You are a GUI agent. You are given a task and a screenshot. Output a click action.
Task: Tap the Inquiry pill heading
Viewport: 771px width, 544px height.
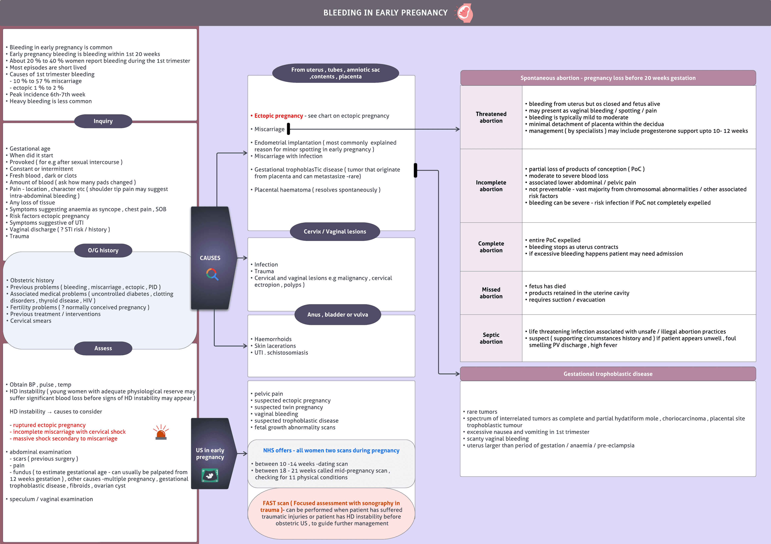pos(103,121)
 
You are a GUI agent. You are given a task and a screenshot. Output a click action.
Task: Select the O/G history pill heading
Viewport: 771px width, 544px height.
pos(103,250)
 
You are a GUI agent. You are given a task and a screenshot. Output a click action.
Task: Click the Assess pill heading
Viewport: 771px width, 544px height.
pos(103,348)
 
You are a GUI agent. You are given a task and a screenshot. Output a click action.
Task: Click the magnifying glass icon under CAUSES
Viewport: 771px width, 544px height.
pos(212,274)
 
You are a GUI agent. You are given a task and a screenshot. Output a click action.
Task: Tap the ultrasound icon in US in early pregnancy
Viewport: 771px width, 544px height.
pos(210,475)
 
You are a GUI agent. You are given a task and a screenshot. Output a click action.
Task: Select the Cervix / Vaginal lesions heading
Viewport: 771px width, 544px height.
pos(335,232)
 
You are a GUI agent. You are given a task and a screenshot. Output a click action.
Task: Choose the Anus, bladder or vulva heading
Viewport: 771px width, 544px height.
pos(338,315)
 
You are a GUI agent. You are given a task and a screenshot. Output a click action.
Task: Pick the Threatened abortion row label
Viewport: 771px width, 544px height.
pos(491,117)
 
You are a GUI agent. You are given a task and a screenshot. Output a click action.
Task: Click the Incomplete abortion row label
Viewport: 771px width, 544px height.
pos(491,186)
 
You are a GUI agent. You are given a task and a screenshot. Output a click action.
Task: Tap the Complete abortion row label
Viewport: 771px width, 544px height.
pos(491,247)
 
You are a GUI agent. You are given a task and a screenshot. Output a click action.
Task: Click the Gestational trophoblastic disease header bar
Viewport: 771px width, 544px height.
pos(608,374)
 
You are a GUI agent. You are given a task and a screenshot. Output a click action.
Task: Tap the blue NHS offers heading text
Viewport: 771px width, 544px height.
pos(331,450)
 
